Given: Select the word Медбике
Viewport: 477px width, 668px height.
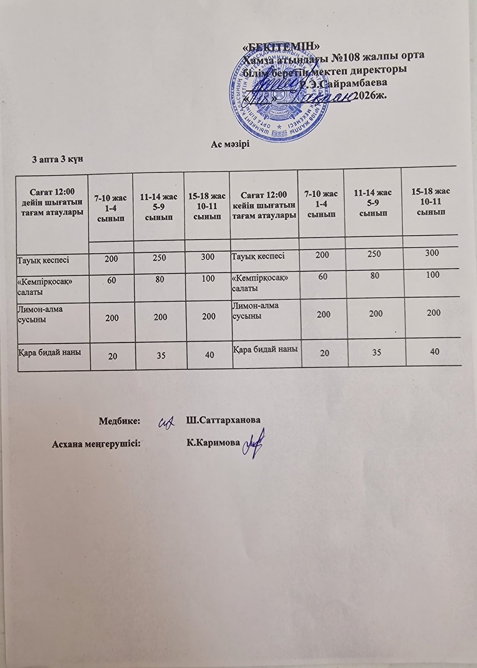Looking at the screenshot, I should [x=119, y=420].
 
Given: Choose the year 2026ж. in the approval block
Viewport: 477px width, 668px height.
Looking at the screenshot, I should [x=370, y=95].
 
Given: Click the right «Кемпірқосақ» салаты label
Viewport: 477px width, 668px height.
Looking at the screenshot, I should [x=261, y=282].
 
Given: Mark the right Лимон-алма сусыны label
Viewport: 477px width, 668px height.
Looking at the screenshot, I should [x=256, y=311].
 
